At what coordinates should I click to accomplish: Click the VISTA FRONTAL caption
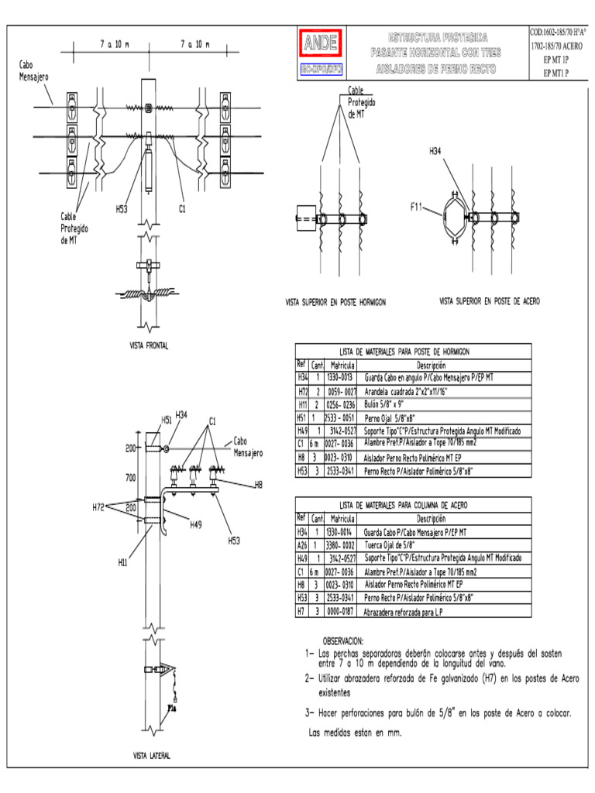click(x=149, y=345)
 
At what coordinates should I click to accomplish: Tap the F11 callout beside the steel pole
click(x=418, y=208)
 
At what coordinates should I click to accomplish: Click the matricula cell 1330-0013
click(x=339, y=377)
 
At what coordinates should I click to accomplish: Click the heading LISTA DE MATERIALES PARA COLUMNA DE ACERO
click(x=413, y=505)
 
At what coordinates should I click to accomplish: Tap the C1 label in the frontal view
click(x=183, y=208)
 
